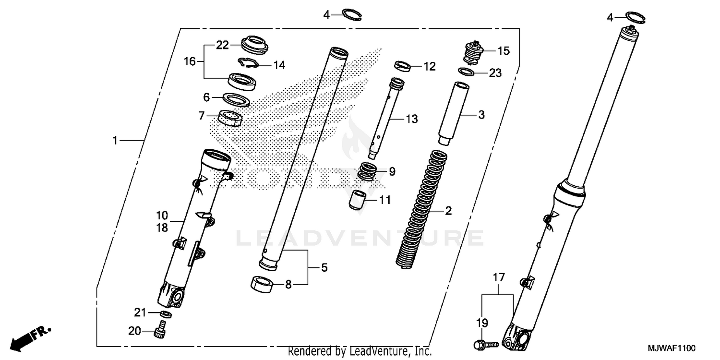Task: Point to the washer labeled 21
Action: point(166,314)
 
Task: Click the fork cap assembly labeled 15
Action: point(476,52)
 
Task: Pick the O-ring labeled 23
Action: point(467,72)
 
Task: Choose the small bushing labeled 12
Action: point(402,65)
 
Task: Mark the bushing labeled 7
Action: point(230,117)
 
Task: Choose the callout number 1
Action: point(115,140)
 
